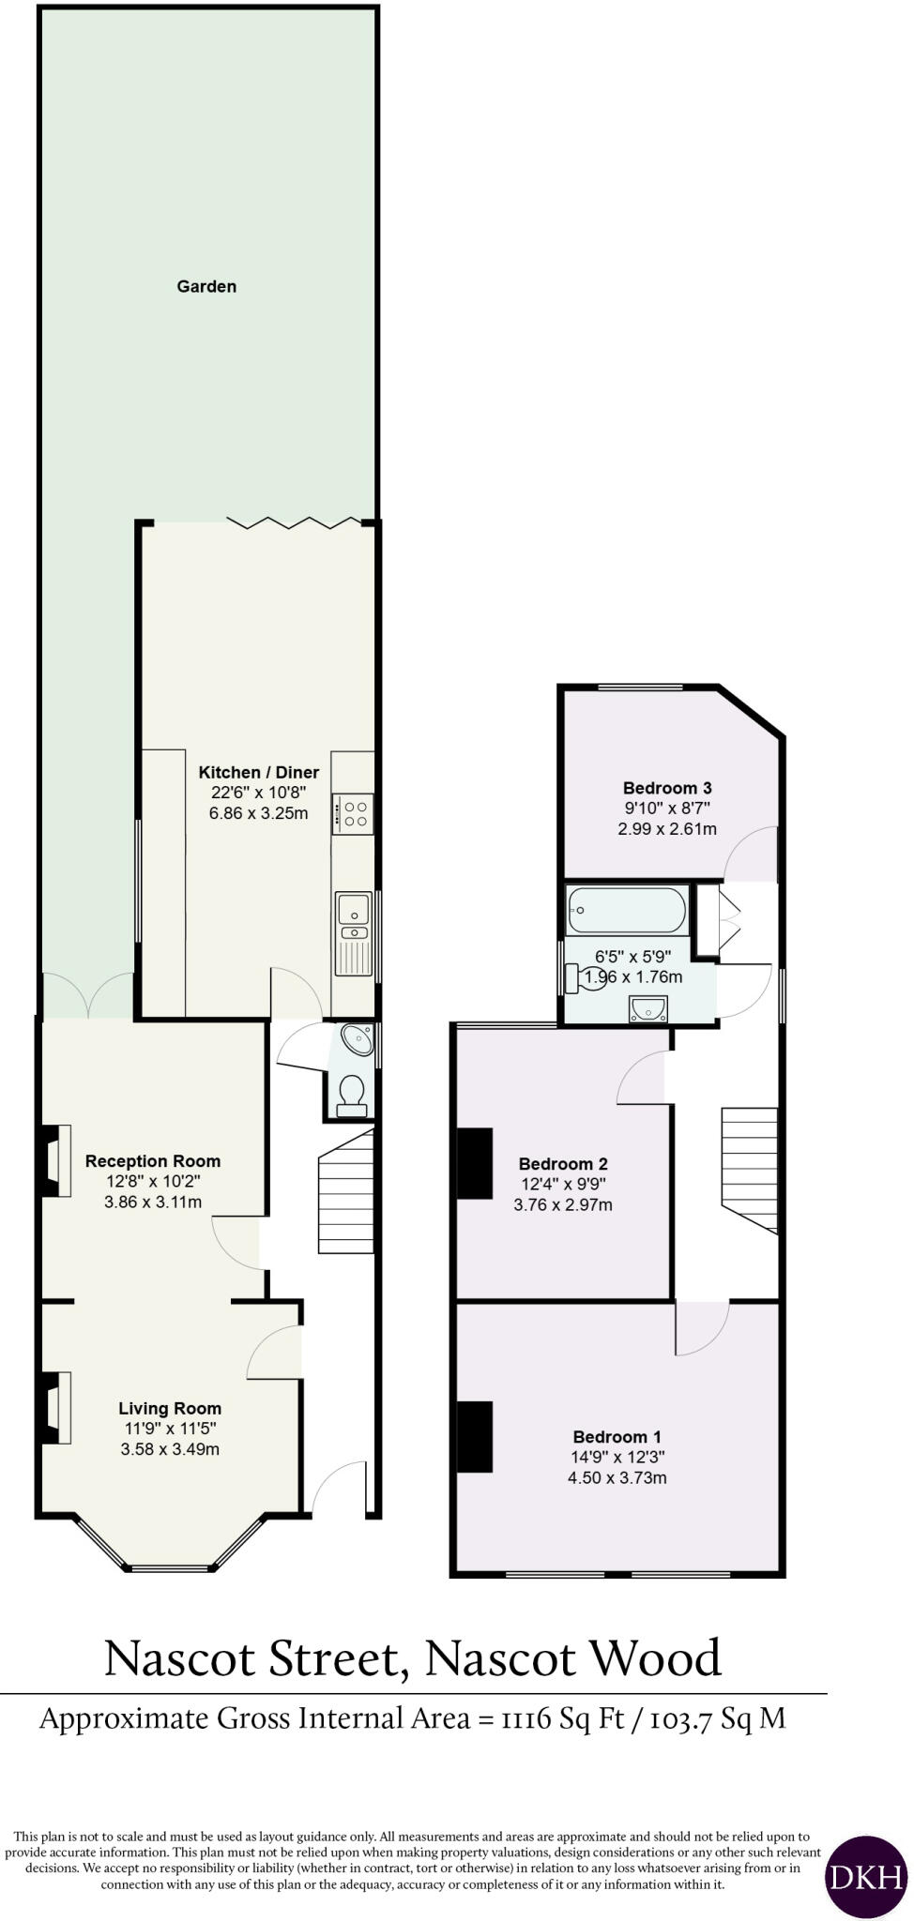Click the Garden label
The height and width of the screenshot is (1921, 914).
(206, 286)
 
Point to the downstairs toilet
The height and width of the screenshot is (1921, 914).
(352, 1096)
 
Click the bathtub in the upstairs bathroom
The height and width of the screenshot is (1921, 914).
(626, 909)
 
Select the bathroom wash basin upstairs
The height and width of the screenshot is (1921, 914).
(647, 1007)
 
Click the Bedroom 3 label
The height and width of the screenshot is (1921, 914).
(667, 788)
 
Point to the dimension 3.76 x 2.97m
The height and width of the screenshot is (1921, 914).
(563, 1205)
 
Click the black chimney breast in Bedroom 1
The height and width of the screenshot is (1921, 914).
(475, 1436)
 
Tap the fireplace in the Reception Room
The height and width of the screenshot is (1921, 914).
(57, 1159)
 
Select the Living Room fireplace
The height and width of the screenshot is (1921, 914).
(56, 1406)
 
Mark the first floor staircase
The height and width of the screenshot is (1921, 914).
(750, 1167)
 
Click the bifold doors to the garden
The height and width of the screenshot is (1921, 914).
(294, 522)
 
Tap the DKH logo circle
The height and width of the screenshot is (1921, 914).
(865, 1875)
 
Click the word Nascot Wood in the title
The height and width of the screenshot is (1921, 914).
(573, 1658)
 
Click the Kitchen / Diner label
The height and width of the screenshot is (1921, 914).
(259, 772)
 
